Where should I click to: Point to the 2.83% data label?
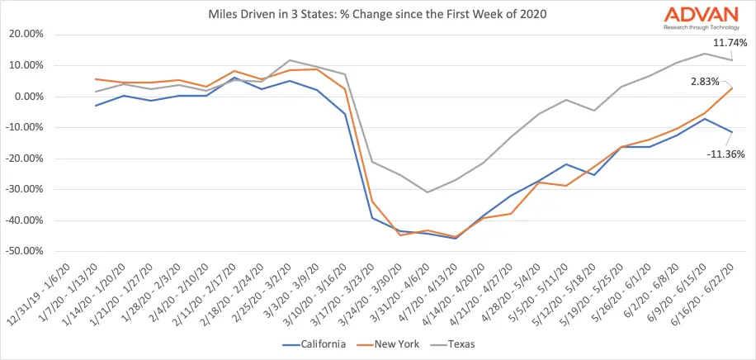706,82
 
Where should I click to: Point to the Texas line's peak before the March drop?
288,60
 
